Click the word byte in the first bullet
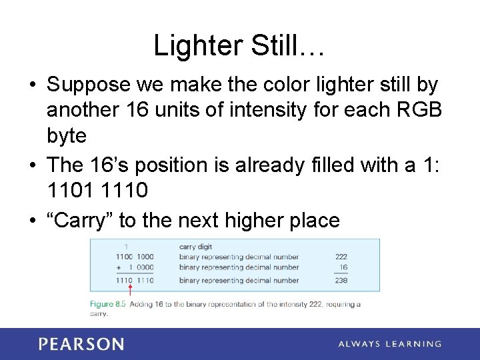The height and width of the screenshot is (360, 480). point(67,136)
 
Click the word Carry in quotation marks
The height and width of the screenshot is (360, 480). point(82,221)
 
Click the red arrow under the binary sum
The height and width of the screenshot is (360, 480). point(130,289)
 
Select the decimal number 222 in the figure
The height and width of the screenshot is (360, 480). point(341,257)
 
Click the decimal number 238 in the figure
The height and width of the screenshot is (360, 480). point(341,281)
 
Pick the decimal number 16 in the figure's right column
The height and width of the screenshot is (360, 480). point(343,267)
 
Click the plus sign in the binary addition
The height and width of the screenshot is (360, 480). point(119,267)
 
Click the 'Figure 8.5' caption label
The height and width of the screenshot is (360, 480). point(107,304)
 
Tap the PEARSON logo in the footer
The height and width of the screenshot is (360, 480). point(81,344)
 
